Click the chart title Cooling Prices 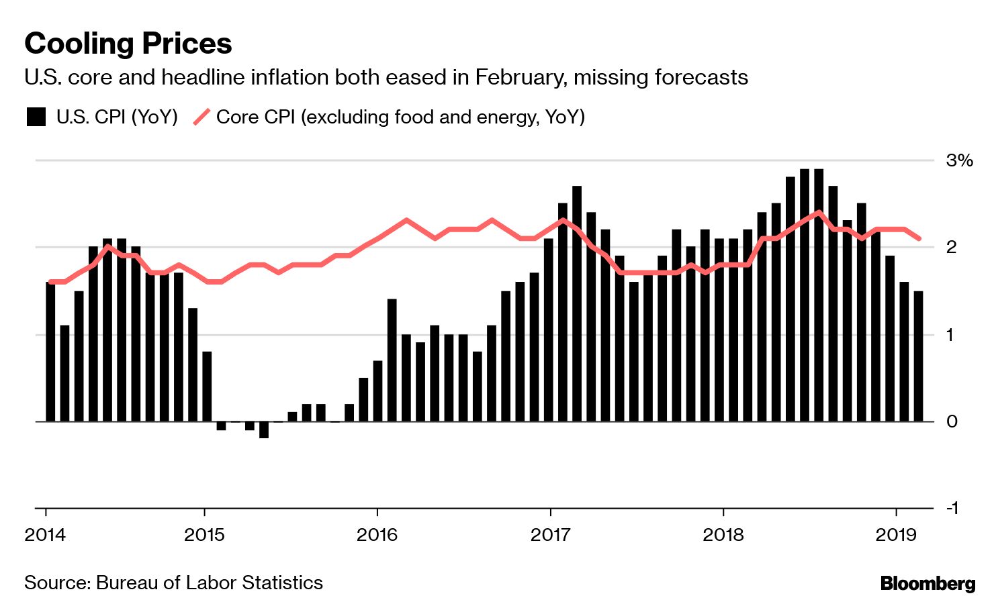point(128,44)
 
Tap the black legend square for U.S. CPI point(36,117)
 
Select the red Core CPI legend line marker point(201,117)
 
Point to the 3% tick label point(959,160)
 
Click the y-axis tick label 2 point(951,247)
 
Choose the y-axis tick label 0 point(951,421)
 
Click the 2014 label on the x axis point(45,535)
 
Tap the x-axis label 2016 point(377,535)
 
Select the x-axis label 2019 point(896,535)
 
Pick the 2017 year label point(550,535)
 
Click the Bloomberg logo point(928,583)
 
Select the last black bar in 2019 point(918,356)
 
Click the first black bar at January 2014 point(50,352)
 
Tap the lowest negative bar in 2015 point(264,430)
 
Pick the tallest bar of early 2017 point(577,303)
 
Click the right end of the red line point(919,238)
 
